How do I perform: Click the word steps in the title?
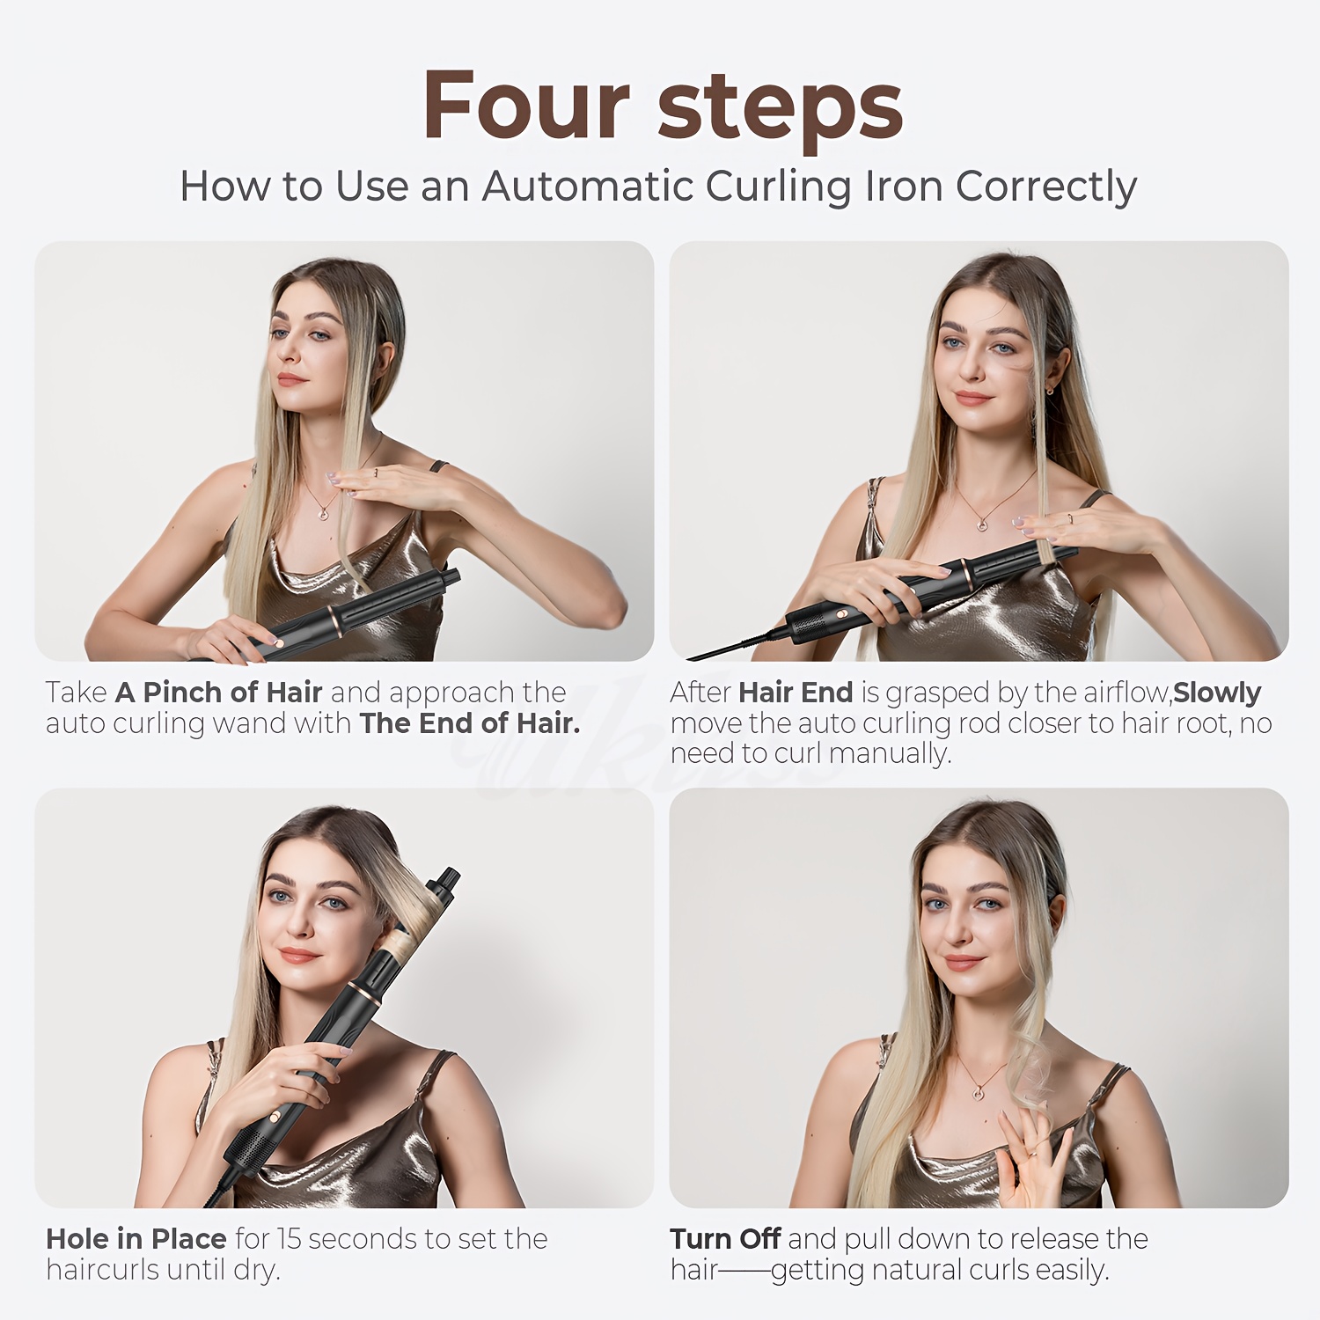tap(780, 109)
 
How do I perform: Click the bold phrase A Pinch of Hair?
tap(218, 693)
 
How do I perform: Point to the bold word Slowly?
tap(1216, 693)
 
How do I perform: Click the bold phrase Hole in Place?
tap(136, 1239)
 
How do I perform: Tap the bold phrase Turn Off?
tap(724, 1239)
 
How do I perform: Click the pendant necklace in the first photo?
tap(322, 513)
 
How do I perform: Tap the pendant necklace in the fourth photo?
tap(978, 1093)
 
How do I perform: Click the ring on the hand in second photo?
tap(1070, 518)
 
